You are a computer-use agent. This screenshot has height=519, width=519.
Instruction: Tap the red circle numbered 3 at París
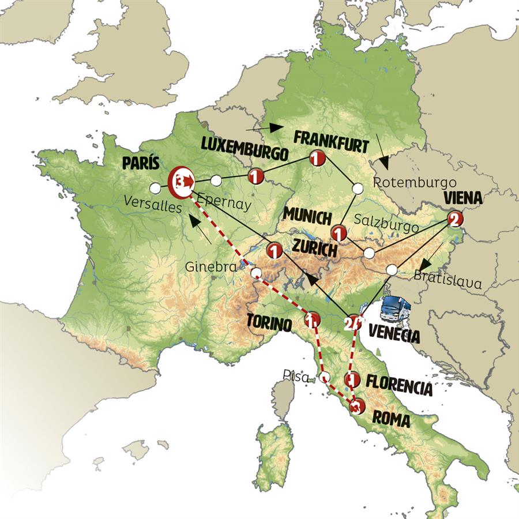pyautogui.click(x=180, y=182)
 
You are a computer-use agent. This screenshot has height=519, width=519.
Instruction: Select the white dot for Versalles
pyautogui.click(x=155, y=188)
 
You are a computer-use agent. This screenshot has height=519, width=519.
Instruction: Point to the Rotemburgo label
pyautogui.click(x=411, y=183)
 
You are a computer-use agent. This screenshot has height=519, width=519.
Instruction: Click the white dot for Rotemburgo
pyautogui.click(x=358, y=188)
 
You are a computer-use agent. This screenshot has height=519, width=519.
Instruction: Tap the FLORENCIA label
pyautogui.click(x=399, y=388)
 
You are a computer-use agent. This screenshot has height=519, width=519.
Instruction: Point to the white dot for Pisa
pyautogui.click(x=325, y=378)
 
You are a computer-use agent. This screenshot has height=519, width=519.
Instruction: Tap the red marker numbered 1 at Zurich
pyautogui.click(x=274, y=251)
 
